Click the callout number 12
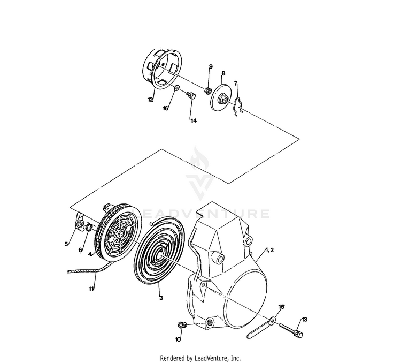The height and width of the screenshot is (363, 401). click(150, 100)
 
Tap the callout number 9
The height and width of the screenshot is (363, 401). click(211, 66)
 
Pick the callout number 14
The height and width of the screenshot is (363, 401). click(193, 120)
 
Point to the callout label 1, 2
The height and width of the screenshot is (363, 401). click(268, 251)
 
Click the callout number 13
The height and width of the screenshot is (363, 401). click(304, 320)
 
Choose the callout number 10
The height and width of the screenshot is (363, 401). click(178, 339)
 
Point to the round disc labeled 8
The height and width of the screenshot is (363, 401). click(220, 97)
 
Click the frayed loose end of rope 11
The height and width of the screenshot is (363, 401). click(71, 271)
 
